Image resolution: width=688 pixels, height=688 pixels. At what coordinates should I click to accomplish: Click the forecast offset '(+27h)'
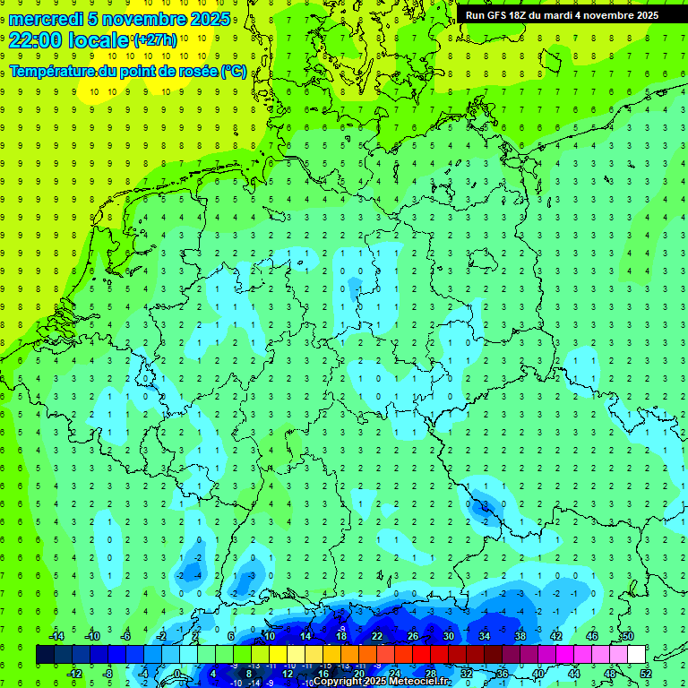point(155,40)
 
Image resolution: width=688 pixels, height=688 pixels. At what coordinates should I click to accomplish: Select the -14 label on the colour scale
point(56,636)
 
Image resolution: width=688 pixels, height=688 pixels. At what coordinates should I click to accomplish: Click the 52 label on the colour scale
point(646,674)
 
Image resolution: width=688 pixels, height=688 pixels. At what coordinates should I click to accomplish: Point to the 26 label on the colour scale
point(413,636)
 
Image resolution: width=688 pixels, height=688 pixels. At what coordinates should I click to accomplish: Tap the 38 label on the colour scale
point(520,636)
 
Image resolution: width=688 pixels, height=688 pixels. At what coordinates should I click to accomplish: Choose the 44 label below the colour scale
point(574,674)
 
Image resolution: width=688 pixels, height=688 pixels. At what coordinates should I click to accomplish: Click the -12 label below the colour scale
point(74,674)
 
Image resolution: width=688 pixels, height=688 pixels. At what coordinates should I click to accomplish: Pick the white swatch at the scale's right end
point(637,655)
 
